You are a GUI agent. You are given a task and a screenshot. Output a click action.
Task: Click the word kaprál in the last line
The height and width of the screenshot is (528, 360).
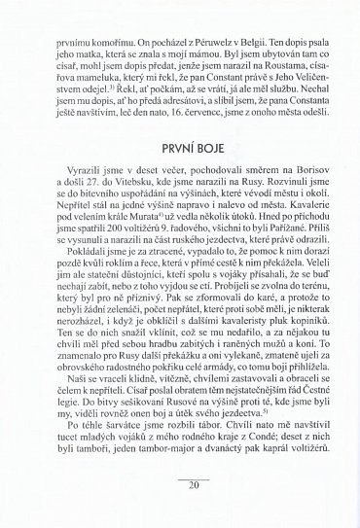(256, 495)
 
